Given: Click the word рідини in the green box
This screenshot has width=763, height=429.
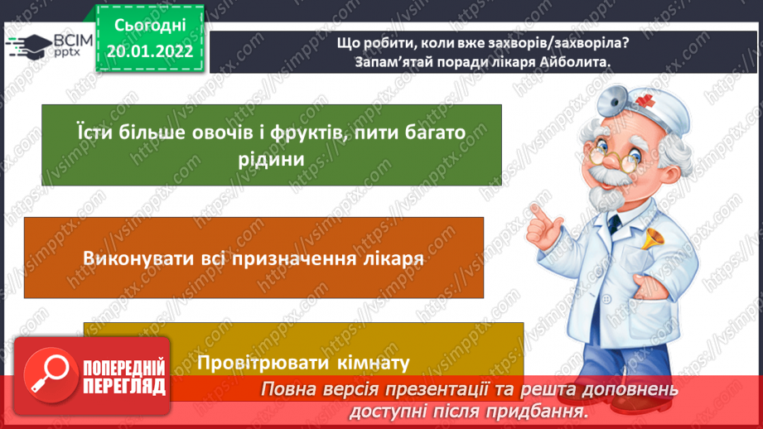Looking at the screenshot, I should (x=271, y=157).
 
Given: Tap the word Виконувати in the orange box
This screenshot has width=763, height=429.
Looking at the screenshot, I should (x=133, y=258).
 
